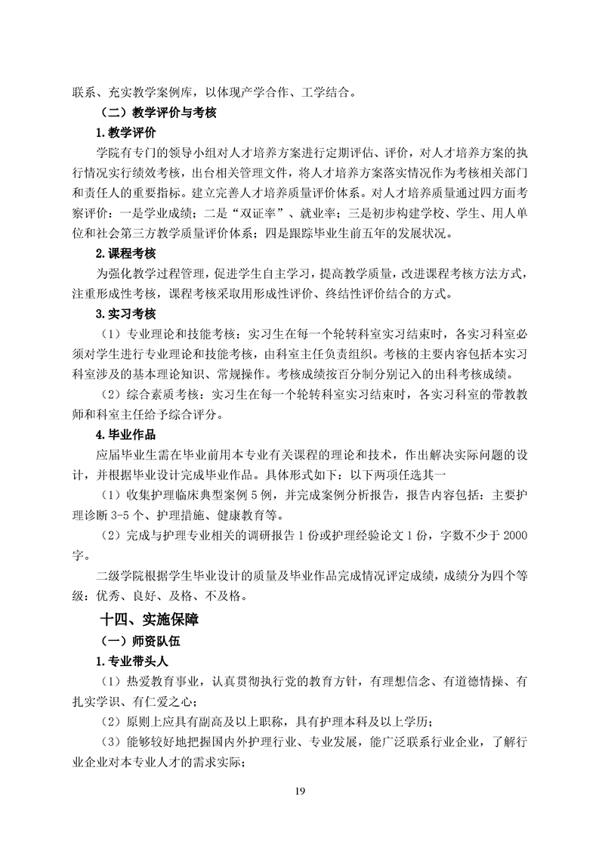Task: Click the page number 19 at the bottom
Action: tap(300, 791)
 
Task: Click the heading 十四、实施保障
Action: tap(149, 620)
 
